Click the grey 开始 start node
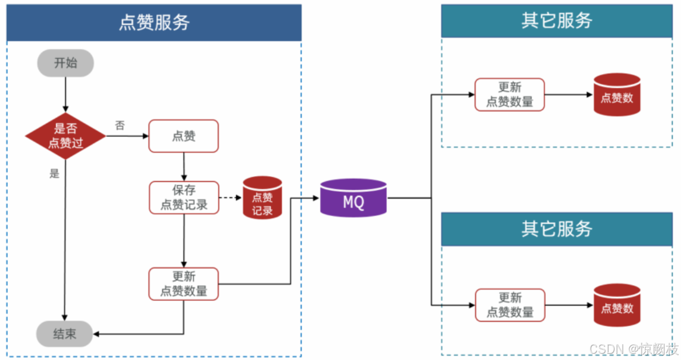point(65,63)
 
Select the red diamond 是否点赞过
point(66,136)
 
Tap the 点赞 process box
point(183,136)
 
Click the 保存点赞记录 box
point(184,197)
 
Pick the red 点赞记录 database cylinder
point(262,197)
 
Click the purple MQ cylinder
point(354,197)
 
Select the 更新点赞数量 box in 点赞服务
point(184,283)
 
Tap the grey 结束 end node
point(65,334)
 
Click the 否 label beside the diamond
point(120,125)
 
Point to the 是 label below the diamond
point(54,173)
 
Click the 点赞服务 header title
point(154,22)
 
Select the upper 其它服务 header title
point(556,21)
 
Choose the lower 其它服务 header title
point(556,229)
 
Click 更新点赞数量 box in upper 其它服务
point(509,94)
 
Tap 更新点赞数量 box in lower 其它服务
point(509,305)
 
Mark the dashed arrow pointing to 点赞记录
point(230,198)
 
